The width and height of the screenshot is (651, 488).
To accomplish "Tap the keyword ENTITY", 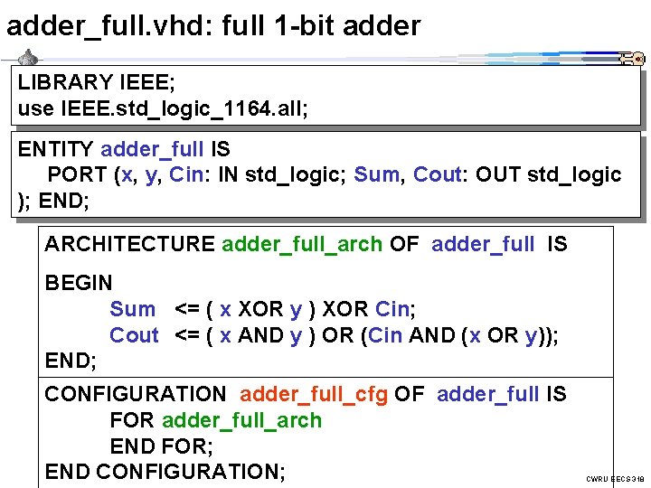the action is (55, 148).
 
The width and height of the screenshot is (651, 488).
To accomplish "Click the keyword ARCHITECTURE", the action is (129, 244).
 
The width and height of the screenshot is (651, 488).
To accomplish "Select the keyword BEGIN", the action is (79, 283).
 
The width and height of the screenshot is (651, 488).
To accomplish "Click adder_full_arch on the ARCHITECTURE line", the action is (301, 244).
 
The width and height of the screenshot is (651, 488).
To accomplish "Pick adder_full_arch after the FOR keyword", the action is (241, 420).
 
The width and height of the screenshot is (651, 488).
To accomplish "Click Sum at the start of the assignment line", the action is (132, 309).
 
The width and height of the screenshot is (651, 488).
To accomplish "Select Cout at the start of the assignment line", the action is (134, 335).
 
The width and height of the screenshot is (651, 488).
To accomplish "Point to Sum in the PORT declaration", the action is (375, 174).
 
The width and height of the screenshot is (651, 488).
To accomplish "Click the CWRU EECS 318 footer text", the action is (615, 478).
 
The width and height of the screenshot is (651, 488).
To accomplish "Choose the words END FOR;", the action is (161, 446).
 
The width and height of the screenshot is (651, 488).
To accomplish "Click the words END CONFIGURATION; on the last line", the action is (165, 472).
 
